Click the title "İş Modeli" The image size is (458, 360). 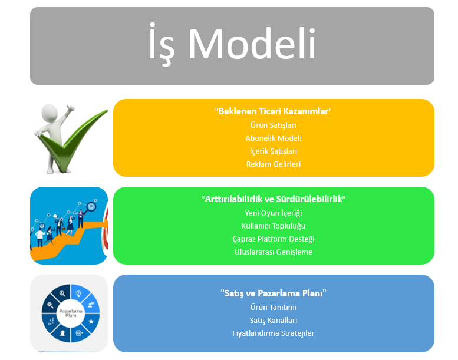(x=232, y=44)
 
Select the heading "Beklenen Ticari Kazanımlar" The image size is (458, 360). (x=273, y=111)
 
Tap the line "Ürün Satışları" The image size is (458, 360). (x=274, y=125)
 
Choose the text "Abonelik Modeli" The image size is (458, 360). (x=274, y=138)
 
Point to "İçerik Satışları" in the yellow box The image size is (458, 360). (x=274, y=151)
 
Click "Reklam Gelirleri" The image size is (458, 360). (x=274, y=164)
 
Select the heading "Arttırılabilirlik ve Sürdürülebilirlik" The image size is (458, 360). (x=274, y=199)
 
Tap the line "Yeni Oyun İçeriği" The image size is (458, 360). (x=274, y=213)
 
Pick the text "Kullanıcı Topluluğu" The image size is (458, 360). (x=274, y=226)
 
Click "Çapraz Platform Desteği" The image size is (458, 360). (x=274, y=239)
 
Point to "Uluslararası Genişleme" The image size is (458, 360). (x=274, y=252)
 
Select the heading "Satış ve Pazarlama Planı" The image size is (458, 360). (x=274, y=293)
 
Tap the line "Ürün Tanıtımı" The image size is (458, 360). (x=274, y=307)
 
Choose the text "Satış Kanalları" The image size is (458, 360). (x=274, y=321)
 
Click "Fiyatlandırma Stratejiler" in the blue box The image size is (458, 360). (x=274, y=333)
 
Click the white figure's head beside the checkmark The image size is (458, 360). (x=50, y=113)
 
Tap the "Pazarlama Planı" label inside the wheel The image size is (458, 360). (x=71, y=313)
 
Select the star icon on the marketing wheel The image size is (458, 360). (x=91, y=321)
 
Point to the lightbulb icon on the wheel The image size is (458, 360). (x=78, y=293)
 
